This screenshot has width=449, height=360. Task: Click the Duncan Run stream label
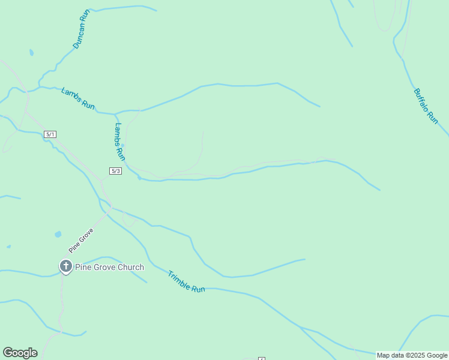coord(80,29)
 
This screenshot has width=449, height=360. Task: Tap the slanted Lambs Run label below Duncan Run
coord(78,98)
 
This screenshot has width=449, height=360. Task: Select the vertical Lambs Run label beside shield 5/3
coord(120,142)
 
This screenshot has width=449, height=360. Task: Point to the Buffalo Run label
coord(426,106)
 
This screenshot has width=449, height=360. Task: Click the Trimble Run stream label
coord(186,281)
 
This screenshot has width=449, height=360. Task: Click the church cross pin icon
coord(65,266)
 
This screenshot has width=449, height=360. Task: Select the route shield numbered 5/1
coord(50,134)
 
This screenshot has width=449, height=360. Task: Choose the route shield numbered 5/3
coord(116,171)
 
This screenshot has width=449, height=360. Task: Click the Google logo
coord(20,353)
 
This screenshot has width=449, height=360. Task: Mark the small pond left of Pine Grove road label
coord(58,234)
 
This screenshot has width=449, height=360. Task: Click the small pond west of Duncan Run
coord(31,53)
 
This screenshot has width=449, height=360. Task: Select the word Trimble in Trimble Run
coord(179,278)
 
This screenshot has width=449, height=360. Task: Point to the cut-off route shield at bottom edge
coord(262,358)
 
